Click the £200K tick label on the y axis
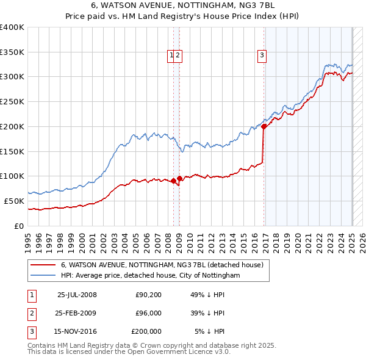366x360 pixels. [x=12, y=126]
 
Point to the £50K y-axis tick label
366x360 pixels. [x=13, y=201]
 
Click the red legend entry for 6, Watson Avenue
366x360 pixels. [x=162, y=265]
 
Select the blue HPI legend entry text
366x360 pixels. [x=150, y=275]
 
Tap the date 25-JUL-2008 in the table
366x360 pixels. [x=77, y=295]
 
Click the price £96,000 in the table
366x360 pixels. [x=148, y=313]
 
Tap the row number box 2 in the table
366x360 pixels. [x=31, y=313]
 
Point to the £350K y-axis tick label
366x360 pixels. [x=12, y=52]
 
